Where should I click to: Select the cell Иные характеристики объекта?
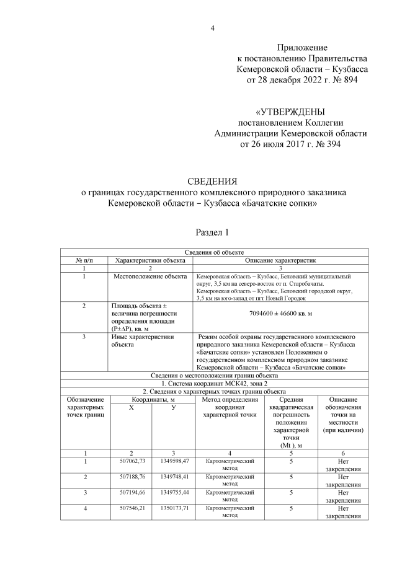click(x=142, y=341)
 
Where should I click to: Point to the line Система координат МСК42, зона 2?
click(x=214, y=384)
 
